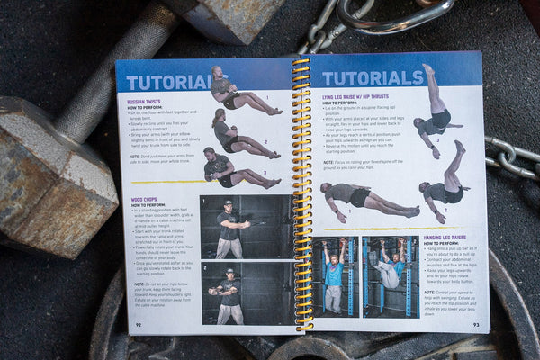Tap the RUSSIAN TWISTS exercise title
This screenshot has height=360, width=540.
pyautogui.click(x=145, y=103)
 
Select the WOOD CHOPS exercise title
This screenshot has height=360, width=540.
pyautogui.click(x=145, y=200)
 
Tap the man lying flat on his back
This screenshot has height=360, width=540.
pyautogui.click(x=366, y=199)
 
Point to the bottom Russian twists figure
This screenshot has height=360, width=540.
pyautogui.click(x=236, y=169)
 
